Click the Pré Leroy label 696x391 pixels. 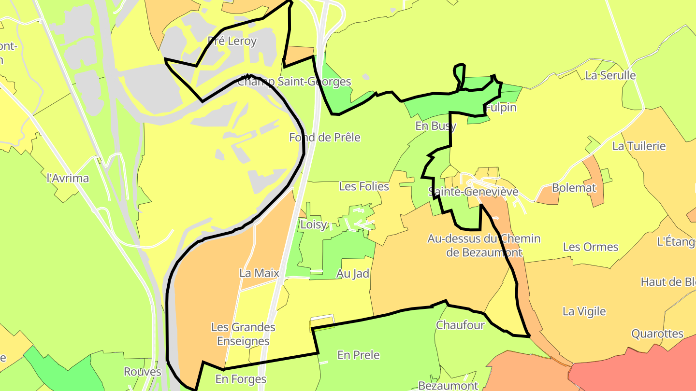pyautogui.click(x=232, y=41)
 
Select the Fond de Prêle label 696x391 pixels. pyautogui.click(x=325, y=138)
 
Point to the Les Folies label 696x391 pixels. pyautogui.click(x=364, y=186)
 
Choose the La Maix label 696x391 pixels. pyautogui.click(x=260, y=273)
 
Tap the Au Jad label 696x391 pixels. pyautogui.click(x=353, y=274)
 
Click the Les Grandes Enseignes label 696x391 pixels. pyautogui.click(x=243, y=334)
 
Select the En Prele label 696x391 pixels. pyautogui.click(x=359, y=355)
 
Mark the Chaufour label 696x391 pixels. pyautogui.click(x=460, y=325)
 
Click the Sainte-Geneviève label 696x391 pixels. pyautogui.click(x=473, y=192)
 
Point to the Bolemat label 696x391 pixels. pyautogui.click(x=574, y=188)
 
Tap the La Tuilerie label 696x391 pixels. pyautogui.click(x=639, y=146)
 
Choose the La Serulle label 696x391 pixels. pyautogui.click(x=610, y=76)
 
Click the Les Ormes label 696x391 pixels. pyautogui.click(x=591, y=247)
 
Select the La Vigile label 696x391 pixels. pyautogui.click(x=584, y=311)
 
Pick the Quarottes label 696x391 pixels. pyautogui.click(x=657, y=334)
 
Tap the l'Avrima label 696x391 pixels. pyautogui.click(x=68, y=178)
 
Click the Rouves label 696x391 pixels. pyautogui.click(x=143, y=372)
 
